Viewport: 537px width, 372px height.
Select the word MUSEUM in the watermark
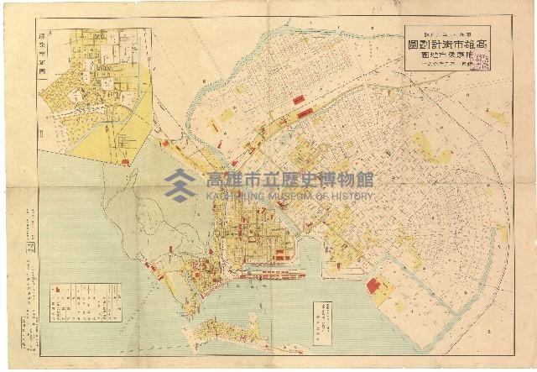click(288, 196)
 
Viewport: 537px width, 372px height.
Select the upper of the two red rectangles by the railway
click(299, 100)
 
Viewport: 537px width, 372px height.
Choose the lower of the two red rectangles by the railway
click(305, 113)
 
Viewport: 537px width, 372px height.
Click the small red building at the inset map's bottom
click(125, 160)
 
